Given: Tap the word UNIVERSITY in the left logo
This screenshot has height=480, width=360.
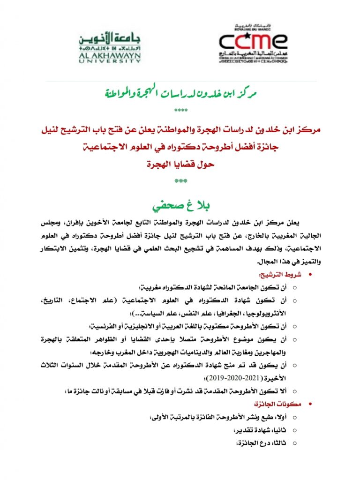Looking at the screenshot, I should [110, 60].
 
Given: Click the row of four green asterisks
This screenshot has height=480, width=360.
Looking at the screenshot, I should [180, 111].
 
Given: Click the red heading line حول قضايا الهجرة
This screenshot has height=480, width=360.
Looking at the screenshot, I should [180, 164].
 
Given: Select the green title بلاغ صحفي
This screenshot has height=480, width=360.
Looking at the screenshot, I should [180, 206].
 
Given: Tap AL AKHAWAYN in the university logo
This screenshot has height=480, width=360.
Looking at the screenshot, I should [110, 54].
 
